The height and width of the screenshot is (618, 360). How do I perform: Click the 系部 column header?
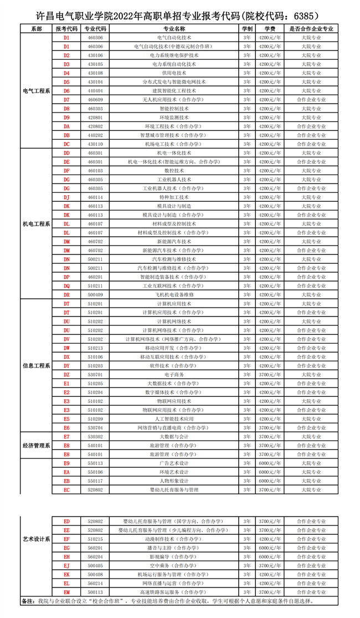coord(36,28)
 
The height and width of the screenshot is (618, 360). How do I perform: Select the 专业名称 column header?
coord(174,28)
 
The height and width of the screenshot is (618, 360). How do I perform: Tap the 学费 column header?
coord(270,28)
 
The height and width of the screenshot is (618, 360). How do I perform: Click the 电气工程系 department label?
coord(36,91)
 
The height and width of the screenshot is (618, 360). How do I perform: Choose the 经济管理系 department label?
coord(36,446)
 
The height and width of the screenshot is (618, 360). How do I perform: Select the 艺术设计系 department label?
coord(36,539)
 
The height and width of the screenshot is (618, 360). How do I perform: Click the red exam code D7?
coord(66,100)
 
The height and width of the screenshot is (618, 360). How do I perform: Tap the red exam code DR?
coord(66,295)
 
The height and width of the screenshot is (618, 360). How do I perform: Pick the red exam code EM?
coord(66,592)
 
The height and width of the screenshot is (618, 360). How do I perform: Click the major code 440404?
coord(95,91)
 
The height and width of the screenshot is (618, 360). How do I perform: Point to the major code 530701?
coord(95,375)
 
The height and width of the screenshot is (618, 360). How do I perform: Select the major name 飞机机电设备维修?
coord(174,295)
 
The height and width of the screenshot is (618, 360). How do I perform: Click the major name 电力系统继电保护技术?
coord(174,55)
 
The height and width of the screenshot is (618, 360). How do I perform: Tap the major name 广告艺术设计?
coord(174,463)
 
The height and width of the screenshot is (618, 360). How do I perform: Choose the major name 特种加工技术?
coord(174,197)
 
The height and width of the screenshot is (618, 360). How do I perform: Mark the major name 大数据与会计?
coord(174,437)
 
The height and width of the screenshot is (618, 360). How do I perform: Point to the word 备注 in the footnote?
coord(28,601)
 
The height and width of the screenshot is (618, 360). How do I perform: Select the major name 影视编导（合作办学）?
coord(174,556)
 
